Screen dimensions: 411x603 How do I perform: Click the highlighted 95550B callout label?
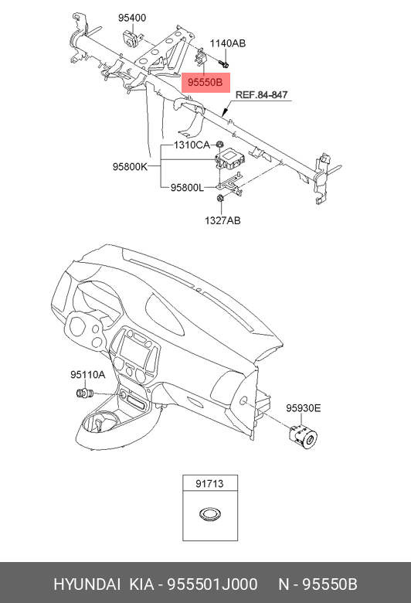click(x=206, y=83)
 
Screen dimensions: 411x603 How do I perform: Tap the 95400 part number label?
click(x=132, y=18)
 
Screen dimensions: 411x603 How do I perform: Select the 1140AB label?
click(x=228, y=43)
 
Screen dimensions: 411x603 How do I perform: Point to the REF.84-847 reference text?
click(x=261, y=94)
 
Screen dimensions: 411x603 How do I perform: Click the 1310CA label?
click(x=192, y=145)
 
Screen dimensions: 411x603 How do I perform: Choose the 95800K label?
click(x=130, y=166)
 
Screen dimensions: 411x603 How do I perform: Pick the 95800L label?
click(x=187, y=188)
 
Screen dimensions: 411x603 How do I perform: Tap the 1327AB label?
click(x=222, y=220)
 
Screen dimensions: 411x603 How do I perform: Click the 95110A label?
click(x=87, y=375)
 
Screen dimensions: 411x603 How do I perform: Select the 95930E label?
click(x=303, y=408)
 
